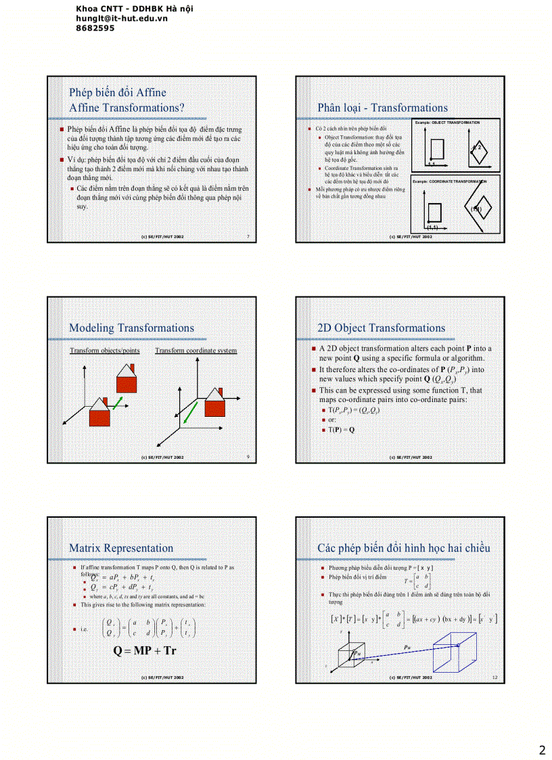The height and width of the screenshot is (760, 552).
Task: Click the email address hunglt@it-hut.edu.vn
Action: pyautogui.click(x=122, y=19)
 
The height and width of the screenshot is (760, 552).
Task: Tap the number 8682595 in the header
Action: pyautogui.click(x=95, y=28)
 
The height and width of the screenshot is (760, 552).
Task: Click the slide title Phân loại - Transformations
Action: pyautogui.click(x=382, y=108)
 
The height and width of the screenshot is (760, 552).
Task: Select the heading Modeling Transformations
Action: pyautogui.click(x=131, y=328)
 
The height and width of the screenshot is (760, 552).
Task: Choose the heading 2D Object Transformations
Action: pyautogui.click(x=381, y=328)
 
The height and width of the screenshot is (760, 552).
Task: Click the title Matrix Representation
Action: pyautogui.click(x=120, y=548)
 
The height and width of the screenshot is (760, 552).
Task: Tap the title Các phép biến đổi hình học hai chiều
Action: pyautogui.click(x=403, y=548)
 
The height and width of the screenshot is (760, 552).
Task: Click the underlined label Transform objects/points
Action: pyautogui.click(x=105, y=351)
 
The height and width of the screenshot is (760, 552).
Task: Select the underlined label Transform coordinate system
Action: pyautogui.click(x=195, y=351)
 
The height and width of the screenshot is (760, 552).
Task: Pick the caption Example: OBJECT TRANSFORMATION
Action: pyautogui.click(x=447, y=122)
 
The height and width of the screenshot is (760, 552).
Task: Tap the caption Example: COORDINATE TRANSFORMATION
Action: pyautogui.click(x=449, y=181)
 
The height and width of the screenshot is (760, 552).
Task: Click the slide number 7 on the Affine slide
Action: pyautogui.click(x=248, y=237)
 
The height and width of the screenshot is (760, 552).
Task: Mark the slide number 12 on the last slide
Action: pyautogui.click(x=494, y=677)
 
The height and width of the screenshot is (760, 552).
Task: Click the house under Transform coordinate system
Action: pyautogui.click(x=216, y=405)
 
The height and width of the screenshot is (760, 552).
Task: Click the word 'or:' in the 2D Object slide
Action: pyautogui.click(x=332, y=420)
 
